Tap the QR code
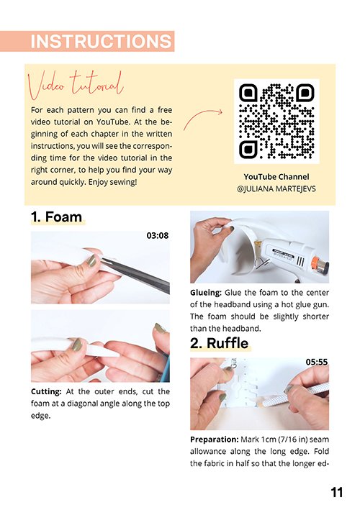[x=276, y=121]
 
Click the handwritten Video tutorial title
[x=76, y=85]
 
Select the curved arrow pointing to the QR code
[x=202, y=118]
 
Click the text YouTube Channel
[x=276, y=177]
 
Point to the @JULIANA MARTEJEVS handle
[x=276, y=188]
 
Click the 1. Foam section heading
[x=56, y=217]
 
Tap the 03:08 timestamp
[x=158, y=235]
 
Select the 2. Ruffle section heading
[x=219, y=343]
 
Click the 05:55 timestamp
[x=317, y=362]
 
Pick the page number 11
[x=337, y=492]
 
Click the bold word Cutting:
[x=46, y=391]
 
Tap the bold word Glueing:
[x=206, y=292]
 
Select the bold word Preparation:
[x=215, y=440]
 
